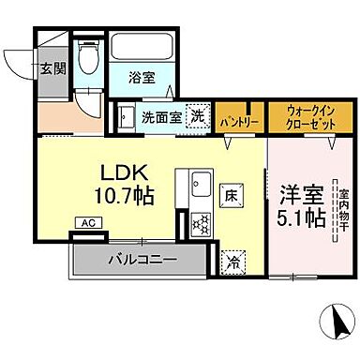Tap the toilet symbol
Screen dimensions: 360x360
pos(88,62)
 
